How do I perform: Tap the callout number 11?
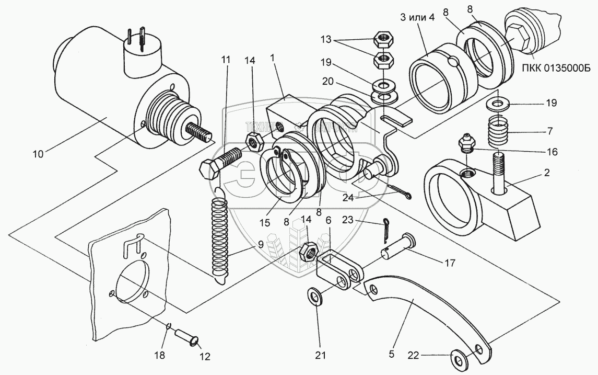[x=225, y=60]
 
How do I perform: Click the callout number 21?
[x=320, y=355]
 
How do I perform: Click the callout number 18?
[x=160, y=355]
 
